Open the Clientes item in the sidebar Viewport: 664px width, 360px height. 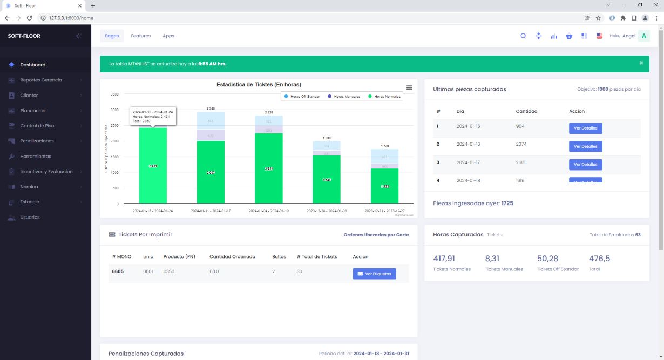(29, 96)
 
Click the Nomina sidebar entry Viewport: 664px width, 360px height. (29, 187)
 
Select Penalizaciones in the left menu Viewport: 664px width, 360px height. (37, 141)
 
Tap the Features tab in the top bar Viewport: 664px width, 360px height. (140, 36)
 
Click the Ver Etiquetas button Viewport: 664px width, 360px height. (374, 274)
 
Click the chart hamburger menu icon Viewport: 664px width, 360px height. (409, 87)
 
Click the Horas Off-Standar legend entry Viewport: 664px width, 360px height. (304, 96)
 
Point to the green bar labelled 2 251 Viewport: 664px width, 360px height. (269, 169)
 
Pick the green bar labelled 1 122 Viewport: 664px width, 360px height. (384, 186)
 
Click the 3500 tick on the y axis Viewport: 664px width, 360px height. (114, 94)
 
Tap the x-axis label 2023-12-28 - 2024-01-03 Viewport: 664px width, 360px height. (327, 211)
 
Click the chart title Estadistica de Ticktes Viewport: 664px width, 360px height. (259, 85)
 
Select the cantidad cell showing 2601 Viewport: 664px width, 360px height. (520, 162)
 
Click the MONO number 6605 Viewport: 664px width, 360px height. (118, 271)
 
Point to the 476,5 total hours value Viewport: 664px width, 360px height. (599, 259)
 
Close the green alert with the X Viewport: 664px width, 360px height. (641, 63)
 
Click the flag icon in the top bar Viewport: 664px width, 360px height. (599, 36)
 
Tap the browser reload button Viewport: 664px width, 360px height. (29, 18)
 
